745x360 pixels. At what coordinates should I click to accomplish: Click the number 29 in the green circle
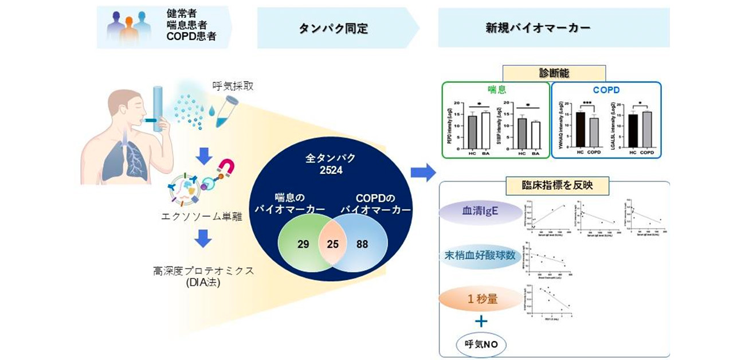(303, 243)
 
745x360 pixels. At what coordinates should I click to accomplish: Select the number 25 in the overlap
(333, 243)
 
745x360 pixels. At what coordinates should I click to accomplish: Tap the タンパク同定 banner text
(333, 27)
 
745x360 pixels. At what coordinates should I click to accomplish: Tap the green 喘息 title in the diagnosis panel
(495, 90)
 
